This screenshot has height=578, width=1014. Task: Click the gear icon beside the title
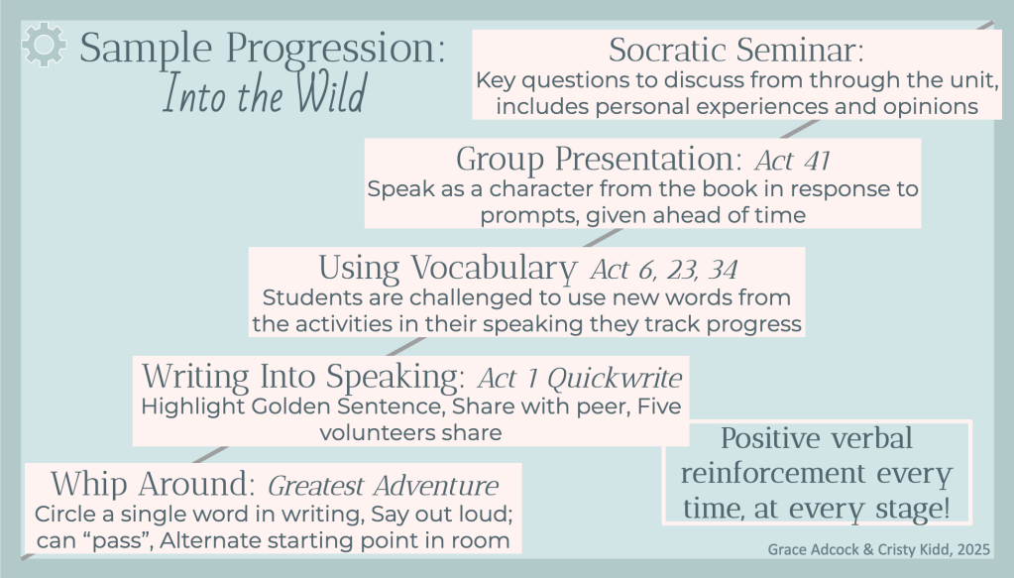pos(44,44)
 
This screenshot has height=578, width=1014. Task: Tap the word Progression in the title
pos(335,50)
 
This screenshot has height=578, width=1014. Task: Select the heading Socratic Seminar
pos(735,50)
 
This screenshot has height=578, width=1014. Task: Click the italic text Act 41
pos(792,160)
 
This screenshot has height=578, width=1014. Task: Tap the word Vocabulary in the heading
pos(494,269)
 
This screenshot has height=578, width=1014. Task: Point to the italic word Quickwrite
pos(615,378)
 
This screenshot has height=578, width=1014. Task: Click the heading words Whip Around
pos(154,484)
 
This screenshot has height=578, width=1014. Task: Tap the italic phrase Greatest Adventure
pos(383,486)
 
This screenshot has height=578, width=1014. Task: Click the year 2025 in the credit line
pos(974,549)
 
